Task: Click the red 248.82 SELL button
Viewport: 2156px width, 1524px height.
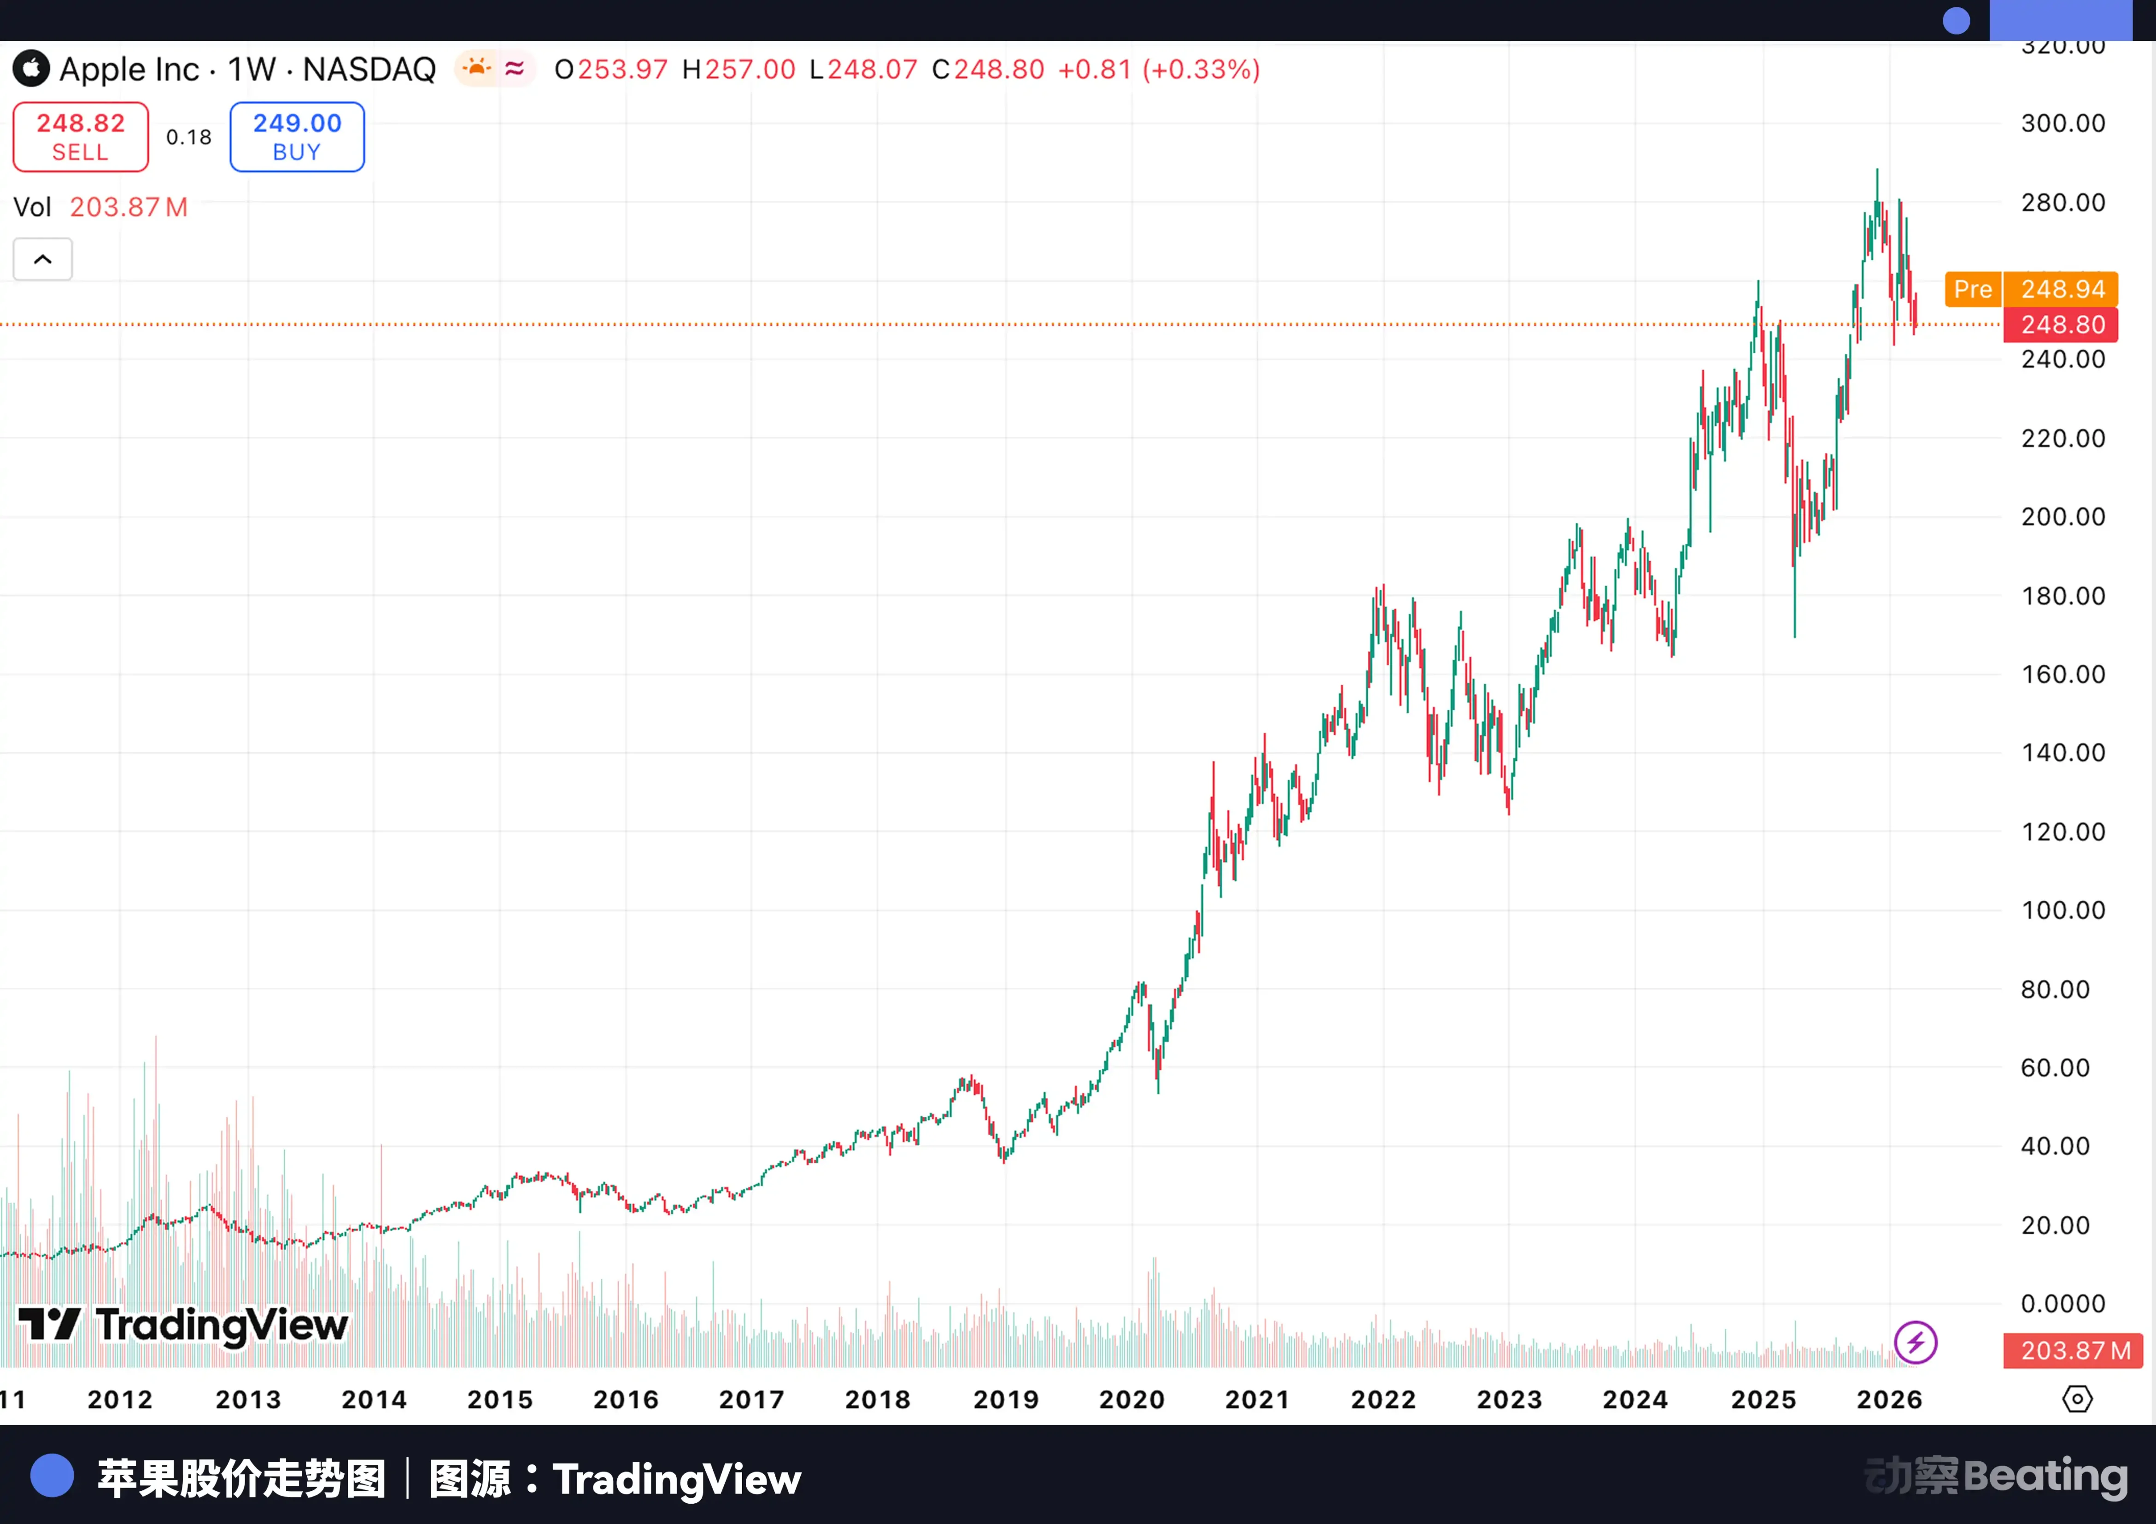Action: [x=81, y=137]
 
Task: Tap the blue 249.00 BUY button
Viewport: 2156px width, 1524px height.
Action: [x=297, y=137]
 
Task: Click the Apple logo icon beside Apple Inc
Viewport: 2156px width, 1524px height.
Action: [x=31, y=69]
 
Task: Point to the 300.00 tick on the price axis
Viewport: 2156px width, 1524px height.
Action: [x=2062, y=123]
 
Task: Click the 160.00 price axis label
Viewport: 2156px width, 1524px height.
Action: [x=2062, y=674]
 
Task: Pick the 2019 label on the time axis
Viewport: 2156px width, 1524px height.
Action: [x=1006, y=1399]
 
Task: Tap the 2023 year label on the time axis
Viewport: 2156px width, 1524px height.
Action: [x=1509, y=1399]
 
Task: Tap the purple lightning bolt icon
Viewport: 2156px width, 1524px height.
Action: [x=1916, y=1342]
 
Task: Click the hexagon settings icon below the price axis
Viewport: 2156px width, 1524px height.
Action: [x=2077, y=1399]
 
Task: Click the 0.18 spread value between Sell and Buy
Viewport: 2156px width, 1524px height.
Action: [x=189, y=137]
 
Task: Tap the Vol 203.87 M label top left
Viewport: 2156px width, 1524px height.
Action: [x=100, y=206]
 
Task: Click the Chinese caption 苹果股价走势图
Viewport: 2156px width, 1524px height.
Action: [x=241, y=1479]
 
